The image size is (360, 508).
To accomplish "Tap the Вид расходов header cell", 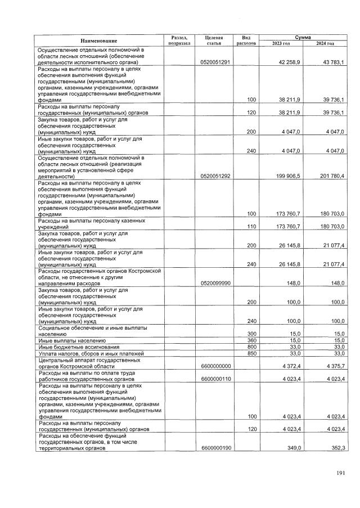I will point(246,40).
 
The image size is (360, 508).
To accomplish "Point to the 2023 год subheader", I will point(280,43).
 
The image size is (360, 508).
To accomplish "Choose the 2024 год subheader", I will point(325,43).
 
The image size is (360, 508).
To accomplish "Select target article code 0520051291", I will point(215,62).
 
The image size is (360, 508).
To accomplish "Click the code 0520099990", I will point(215,283).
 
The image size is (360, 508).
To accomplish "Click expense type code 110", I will point(252,226).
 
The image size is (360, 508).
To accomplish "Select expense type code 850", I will point(252,353).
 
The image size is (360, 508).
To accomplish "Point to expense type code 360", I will point(252,341).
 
